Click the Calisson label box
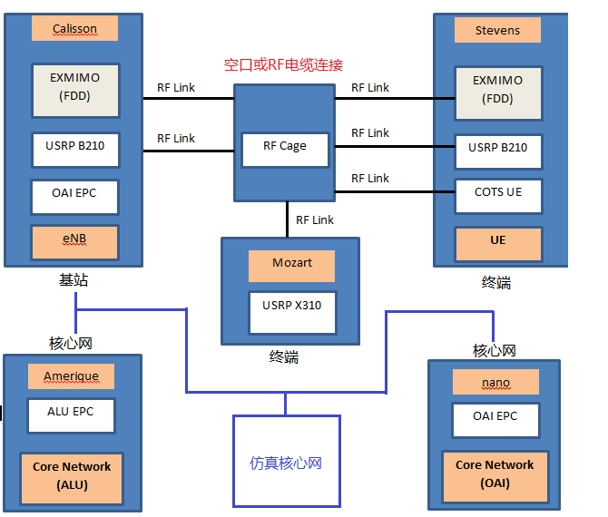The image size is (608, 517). (75, 29)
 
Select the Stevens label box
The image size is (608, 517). (497, 30)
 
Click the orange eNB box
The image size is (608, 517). (75, 240)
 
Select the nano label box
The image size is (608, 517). (495, 382)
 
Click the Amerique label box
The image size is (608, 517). (72, 376)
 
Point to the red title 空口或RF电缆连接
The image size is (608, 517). (283, 65)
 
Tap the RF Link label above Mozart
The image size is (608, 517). (315, 220)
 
